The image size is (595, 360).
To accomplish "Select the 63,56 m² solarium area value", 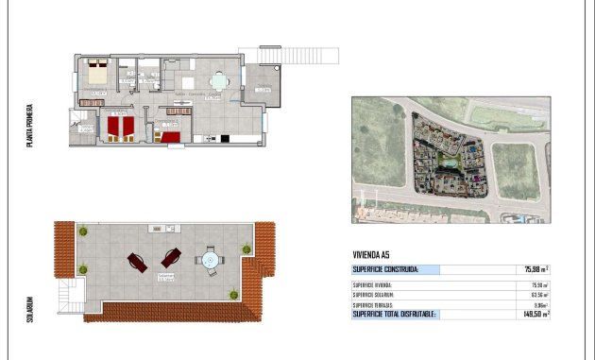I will coord(539,295).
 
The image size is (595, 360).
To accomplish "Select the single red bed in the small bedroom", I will coord(170,138).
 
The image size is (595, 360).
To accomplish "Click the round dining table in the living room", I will coord(219,80).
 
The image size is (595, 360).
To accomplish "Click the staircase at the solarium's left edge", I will coord(69,297).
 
